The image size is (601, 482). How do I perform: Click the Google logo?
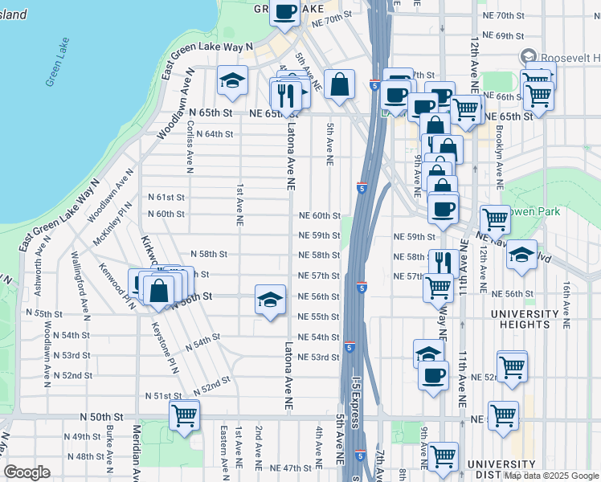pyautogui.click(x=27, y=472)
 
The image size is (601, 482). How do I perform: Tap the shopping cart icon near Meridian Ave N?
pyautogui.click(x=184, y=416)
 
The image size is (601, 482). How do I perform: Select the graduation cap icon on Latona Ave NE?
pyautogui.click(x=270, y=300)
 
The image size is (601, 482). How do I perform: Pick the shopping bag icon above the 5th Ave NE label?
pyautogui.click(x=340, y=84)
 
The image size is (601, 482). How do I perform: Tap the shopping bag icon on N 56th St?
pyautogui.click(x=159, y=290)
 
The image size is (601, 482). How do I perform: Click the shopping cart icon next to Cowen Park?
pyautogui.click(x=495, y=219)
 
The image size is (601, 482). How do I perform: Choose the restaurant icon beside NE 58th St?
pyautogui.click(x=442, y=262)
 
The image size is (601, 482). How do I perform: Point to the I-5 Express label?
pyautogui.click(x=356, y=410)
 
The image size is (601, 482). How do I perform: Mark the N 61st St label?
pyautogui.click(x=166, y=197)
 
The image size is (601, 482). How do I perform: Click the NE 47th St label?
pyautogui.click(x=290, y=468)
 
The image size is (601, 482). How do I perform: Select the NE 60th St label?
pyautogui.click(x=320, y=216)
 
